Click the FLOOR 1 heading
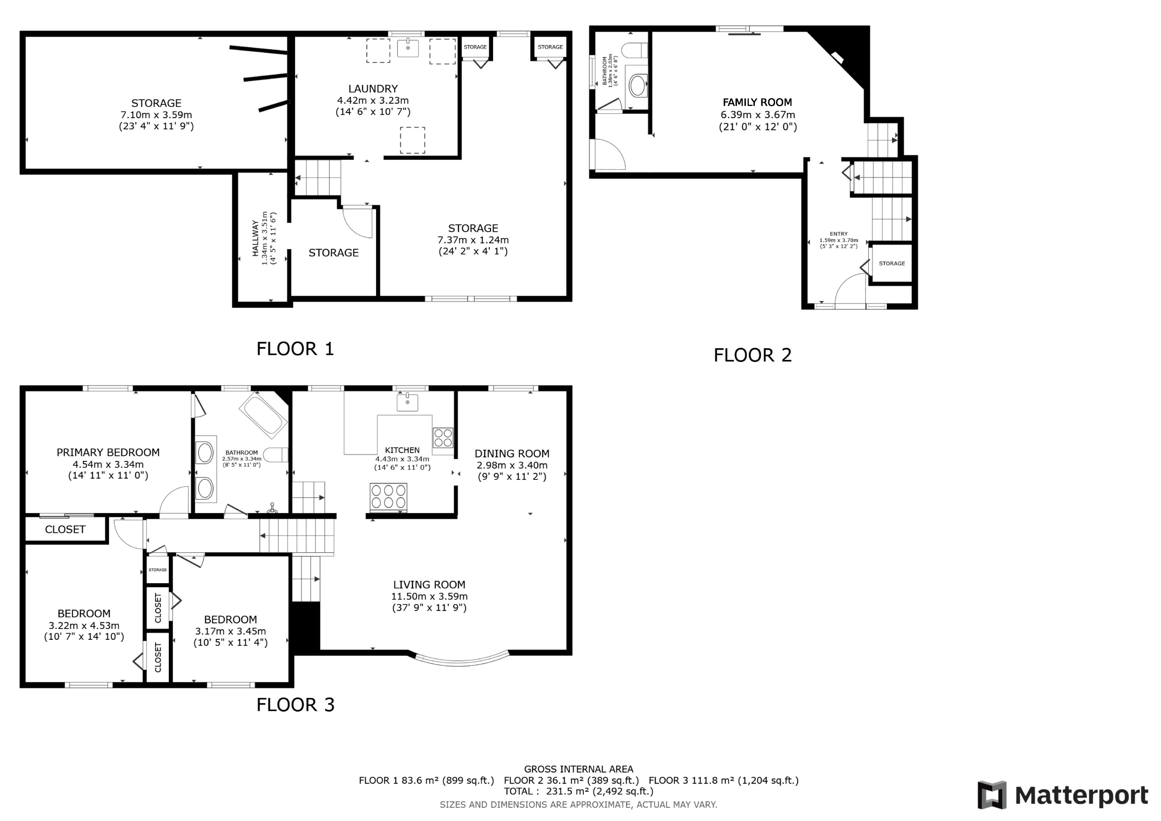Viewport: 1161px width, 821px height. point(295,349)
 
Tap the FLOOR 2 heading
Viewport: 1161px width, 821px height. point(753,355)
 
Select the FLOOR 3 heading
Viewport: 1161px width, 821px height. point(295,705)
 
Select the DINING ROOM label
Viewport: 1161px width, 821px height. point(512,454)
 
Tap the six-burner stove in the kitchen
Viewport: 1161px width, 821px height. point(388,497)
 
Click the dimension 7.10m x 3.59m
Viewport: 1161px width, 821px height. point(156,115)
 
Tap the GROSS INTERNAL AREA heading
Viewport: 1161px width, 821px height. point(578,769)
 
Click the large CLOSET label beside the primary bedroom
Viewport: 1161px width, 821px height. point(65,529)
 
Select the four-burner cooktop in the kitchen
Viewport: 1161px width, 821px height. point(443,438)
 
